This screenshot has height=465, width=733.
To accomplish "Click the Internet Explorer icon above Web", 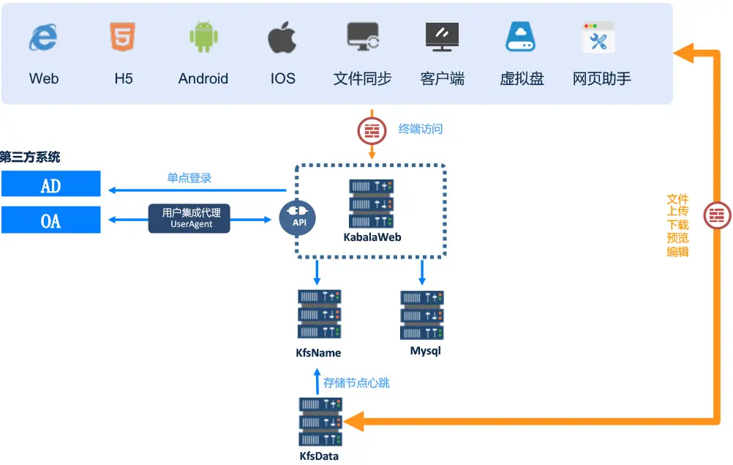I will tap(43, 37).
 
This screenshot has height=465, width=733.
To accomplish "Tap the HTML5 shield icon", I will tap(123, 37).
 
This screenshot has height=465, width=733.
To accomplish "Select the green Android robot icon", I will tap(203, 37).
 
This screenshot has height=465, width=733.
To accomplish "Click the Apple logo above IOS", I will tap(282, 37).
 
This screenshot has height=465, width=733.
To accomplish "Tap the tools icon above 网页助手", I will tap(598, 37).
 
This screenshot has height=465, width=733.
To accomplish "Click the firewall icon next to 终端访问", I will tap(372, 130).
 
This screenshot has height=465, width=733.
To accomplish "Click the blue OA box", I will tap(50, 219).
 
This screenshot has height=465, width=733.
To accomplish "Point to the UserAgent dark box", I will tap(189, 217).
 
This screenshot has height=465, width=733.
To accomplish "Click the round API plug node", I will tap(297, 218).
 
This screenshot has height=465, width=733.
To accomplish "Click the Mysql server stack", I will tap(422, 315).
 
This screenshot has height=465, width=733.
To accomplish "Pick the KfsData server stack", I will tap(320, 422).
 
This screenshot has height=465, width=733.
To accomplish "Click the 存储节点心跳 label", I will tap(356, 382).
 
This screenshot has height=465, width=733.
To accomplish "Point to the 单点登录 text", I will tap(189, 178).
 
